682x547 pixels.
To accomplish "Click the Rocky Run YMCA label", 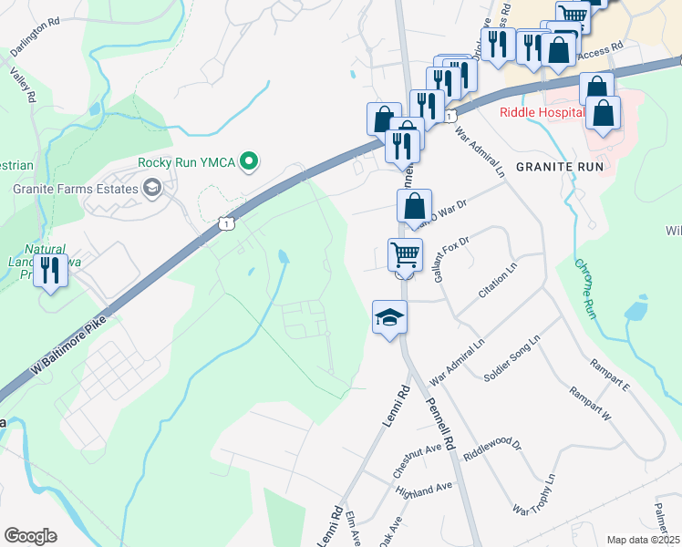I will click(x=187, y=162).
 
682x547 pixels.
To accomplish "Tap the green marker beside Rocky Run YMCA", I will click(x=247, y=162).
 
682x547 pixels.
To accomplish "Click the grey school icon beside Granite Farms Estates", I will click(x=151, y=189).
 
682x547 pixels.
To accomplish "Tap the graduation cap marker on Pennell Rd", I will click(x=389, y=316).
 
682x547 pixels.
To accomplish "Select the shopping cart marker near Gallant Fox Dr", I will click(x=405, y=254).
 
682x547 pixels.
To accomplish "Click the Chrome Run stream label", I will click(x=585, y=289).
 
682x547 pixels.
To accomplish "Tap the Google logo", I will click(x=30, y=536).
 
